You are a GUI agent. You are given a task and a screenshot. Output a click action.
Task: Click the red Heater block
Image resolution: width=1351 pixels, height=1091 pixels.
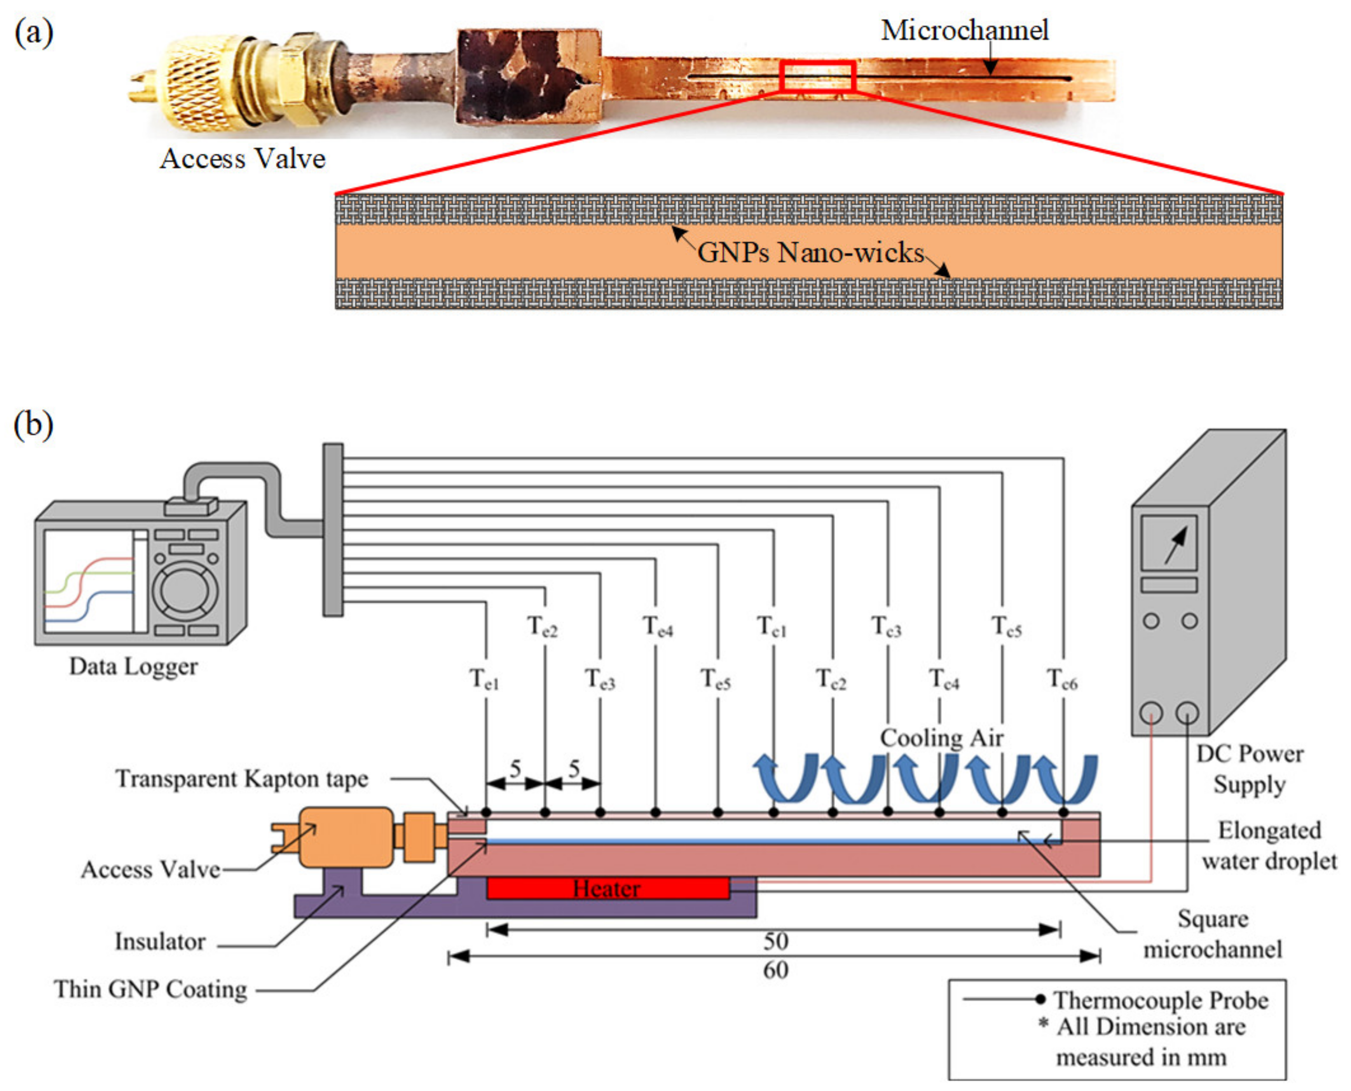tap(607, 888)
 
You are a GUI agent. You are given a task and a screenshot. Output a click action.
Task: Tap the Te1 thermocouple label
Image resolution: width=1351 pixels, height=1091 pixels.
tap(484, 679)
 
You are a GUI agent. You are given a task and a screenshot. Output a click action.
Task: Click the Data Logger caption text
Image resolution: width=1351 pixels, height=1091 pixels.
tap(133, 666)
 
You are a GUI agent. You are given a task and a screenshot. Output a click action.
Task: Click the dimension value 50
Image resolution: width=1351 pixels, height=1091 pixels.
tap(776, 941)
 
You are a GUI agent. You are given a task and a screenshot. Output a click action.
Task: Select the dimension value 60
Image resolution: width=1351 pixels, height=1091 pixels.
tap(776, 970)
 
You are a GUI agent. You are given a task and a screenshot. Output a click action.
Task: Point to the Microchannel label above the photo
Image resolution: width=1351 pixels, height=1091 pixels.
tap(964, 30)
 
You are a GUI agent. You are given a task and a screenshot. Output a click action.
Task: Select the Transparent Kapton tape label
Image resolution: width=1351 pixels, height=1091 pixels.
tap(242, 779)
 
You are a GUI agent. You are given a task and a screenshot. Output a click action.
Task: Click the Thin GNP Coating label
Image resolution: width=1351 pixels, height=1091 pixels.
tap(151, 989)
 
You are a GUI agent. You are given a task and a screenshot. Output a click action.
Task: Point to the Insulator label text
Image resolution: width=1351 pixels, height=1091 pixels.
tap(160, 941)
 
